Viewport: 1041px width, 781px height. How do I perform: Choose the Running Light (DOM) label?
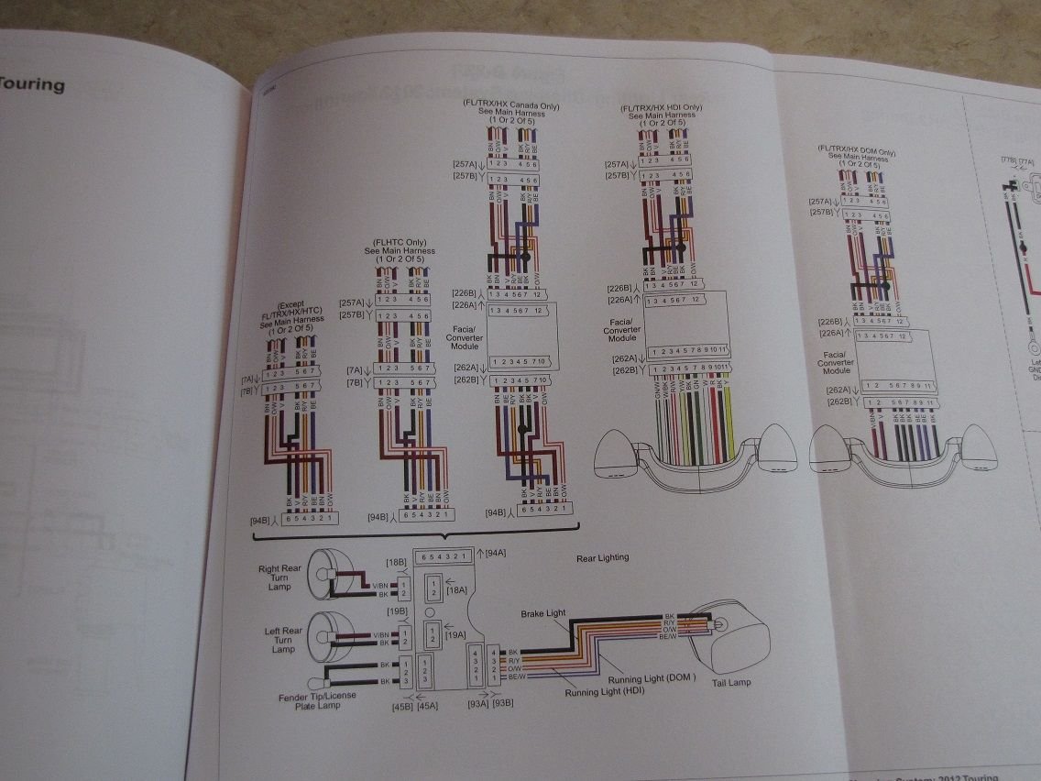coord(652,679)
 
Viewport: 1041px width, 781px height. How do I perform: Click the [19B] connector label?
coord(397,610)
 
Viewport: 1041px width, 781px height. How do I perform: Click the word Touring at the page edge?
coord(32,85)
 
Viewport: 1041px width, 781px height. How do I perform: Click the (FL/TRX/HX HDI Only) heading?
coord(658,108)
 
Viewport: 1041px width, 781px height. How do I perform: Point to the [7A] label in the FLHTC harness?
coord(355,371)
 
